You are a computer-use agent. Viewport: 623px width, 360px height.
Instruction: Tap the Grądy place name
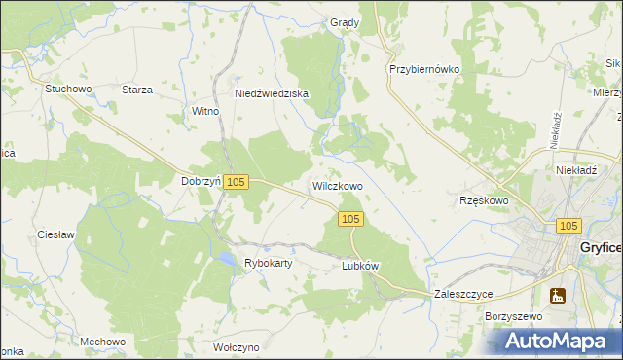pyautogui.click(x=345, y=23)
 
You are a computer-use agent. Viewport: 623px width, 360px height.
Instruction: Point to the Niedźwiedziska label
pyautogui.click(x=272, y=94)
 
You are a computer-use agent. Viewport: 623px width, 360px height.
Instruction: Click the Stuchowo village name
pyautogui.click(x=68, y=90)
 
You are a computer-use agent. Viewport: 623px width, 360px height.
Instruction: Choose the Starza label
pyautogui.click(x=137, y=90)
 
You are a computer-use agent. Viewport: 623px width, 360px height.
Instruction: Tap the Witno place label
pyautogui.click(x=205, y=112)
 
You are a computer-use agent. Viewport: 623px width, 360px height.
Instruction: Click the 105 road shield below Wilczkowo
pyautogui.click(x=352, y=220)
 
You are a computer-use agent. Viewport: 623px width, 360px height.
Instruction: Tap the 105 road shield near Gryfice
pyautogui.click(x=570, y=225)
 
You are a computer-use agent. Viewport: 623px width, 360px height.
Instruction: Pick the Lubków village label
pyautogui.click(x=359, y=266)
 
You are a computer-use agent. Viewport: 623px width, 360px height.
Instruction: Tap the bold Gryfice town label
pyautogui.click(x=600, y=248)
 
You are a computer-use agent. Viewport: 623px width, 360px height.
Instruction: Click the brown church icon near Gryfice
pyautogui.click(x=558, y=296)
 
